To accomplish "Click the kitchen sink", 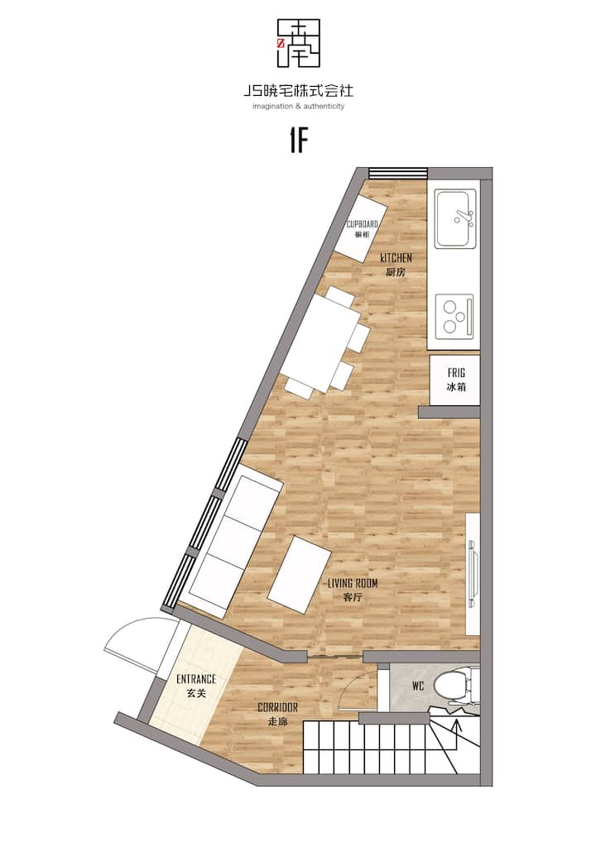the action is point(456,218).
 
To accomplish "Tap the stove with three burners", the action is point(454,315).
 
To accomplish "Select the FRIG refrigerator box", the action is point(454,380).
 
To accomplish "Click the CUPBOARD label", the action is point(362,224).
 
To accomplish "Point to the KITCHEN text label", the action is point(396,258).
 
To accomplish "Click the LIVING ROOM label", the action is point(353,583).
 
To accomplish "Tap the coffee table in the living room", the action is point(300,574).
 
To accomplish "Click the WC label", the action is point(418,686).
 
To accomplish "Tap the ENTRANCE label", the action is point(196,679).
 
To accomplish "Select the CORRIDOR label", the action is point(277,708).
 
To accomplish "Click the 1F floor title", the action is point(298,141).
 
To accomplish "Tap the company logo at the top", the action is point(298,44).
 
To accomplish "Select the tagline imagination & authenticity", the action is point(298,107).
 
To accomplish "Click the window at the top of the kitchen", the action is point(398,173).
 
